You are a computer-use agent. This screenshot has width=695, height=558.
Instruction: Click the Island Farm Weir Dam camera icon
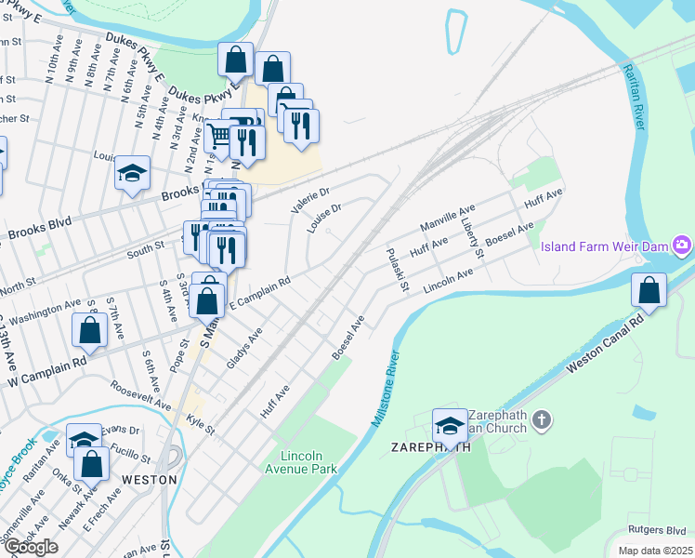point(683,246)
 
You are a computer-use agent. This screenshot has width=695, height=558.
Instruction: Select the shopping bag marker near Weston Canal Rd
point(649,290)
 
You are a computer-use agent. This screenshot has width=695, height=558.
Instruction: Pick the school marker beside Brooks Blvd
point(133,173)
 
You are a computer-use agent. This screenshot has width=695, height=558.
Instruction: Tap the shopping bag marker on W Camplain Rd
point(90,330)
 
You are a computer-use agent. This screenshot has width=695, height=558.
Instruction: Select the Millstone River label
point(387,389)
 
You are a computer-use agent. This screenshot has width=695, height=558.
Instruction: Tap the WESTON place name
point(149,479)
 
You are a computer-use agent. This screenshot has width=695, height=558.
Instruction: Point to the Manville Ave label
point(447,220)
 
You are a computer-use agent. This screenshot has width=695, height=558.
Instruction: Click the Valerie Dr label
point(310,199)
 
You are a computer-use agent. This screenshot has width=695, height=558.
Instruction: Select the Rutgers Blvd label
point(656,529)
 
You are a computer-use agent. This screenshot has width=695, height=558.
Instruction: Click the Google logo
point(30,547)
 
